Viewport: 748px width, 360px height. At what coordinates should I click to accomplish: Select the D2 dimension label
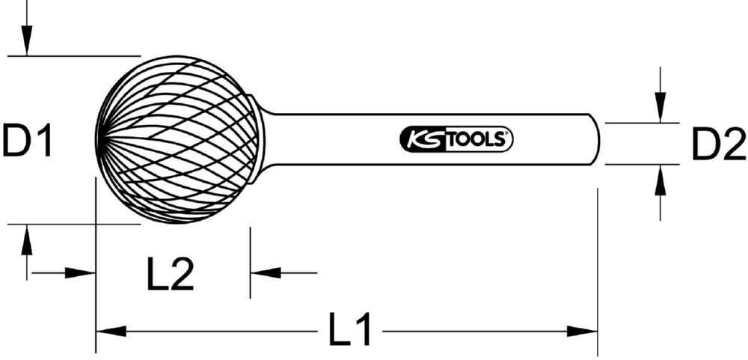[717, 144]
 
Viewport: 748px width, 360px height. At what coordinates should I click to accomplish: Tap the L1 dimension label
[352, 330]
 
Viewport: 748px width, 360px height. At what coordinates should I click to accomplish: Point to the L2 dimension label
[171, 274]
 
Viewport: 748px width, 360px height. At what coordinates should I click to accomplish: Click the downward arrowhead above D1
[27, 41]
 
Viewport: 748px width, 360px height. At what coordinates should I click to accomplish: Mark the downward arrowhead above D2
[659, 109]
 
